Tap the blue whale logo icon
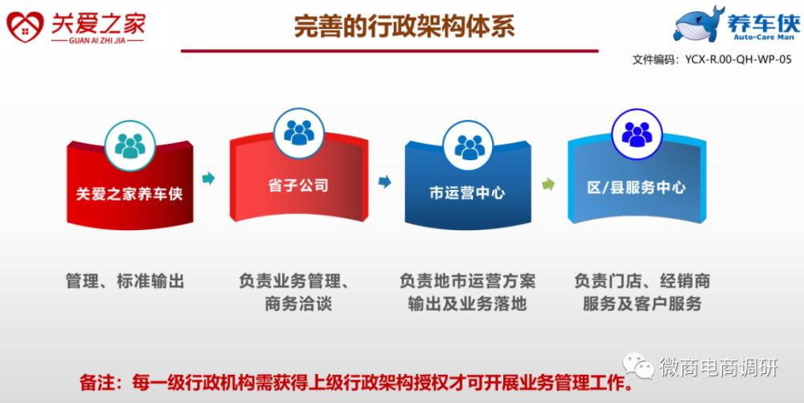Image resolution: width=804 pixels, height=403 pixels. coord(699,24)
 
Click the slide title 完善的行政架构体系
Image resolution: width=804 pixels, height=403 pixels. coord(404,26)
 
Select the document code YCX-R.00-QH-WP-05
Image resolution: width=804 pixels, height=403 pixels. coord(738,60)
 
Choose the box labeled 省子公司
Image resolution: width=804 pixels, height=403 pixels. coord(298,179)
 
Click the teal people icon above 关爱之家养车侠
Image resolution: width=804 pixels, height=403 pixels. coord(129,146)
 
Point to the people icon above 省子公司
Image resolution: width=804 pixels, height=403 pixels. coord(299,133)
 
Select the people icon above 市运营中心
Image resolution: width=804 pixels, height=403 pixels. coord(468,146)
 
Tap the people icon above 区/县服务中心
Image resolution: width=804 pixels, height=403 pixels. coord(637,134)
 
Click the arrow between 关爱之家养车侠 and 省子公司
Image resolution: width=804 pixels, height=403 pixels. coord(208,179)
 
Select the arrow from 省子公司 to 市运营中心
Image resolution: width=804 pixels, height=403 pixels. coord(384,182)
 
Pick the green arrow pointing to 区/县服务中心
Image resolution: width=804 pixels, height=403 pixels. coord(548,184)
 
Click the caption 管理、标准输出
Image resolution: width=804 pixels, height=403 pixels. coord(125,281)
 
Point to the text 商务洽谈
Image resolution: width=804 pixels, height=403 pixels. coord(298,303)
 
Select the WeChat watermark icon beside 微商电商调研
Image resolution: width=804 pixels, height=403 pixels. coord(638,365)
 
